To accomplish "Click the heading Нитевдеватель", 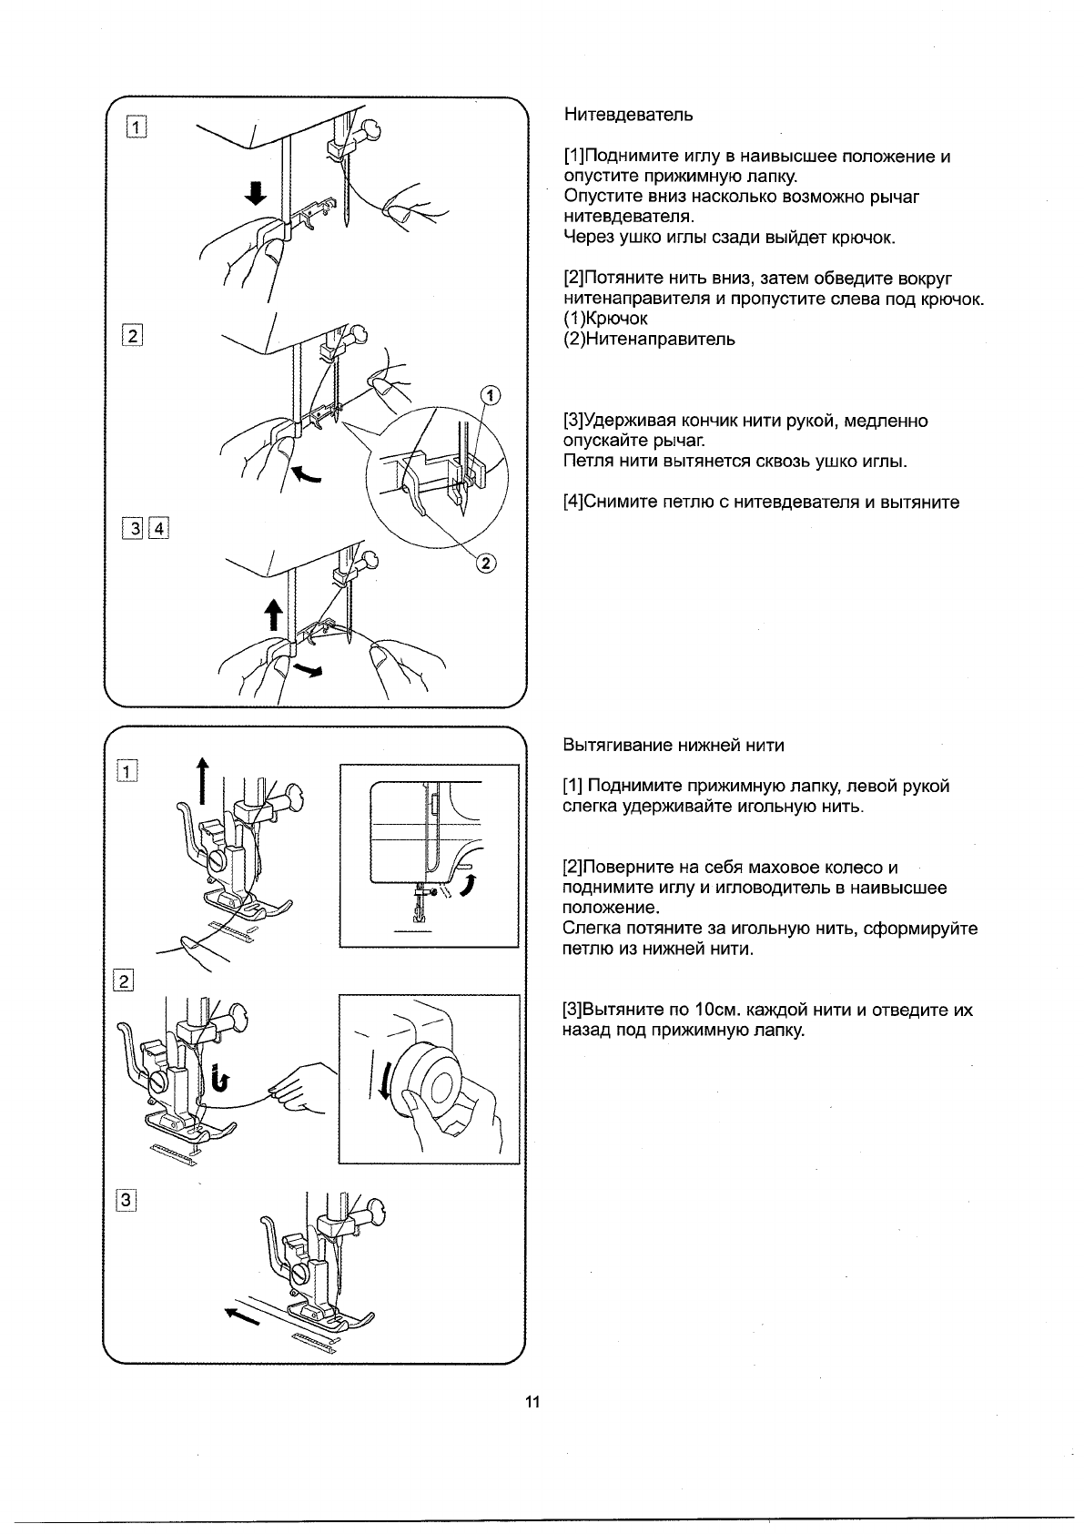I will pos(628,115).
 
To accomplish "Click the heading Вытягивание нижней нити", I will pos(674,746).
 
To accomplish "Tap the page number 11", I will pos(532,1402).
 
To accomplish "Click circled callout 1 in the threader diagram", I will pos(490,395).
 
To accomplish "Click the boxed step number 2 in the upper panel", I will pos(133,335).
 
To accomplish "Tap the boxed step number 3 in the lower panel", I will pos(127,1201).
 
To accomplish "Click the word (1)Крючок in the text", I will pos(605,319).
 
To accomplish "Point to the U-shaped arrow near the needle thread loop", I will pos(219,1077).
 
